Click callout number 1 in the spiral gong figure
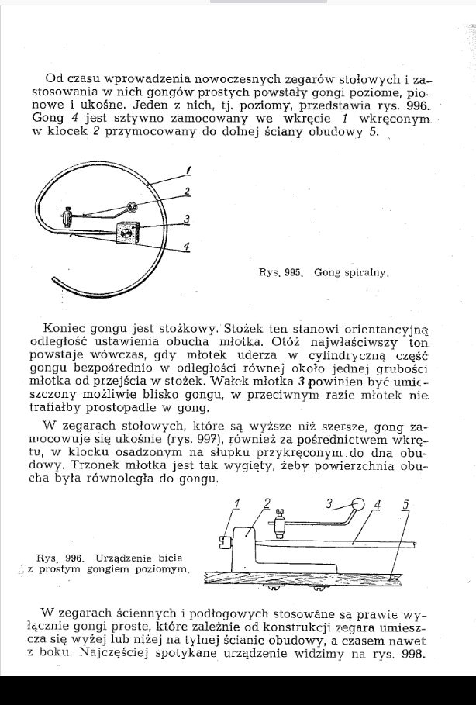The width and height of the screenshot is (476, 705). (190, 169)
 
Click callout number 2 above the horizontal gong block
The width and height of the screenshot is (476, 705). (267, 503)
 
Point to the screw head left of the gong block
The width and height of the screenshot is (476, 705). (226, 541)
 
